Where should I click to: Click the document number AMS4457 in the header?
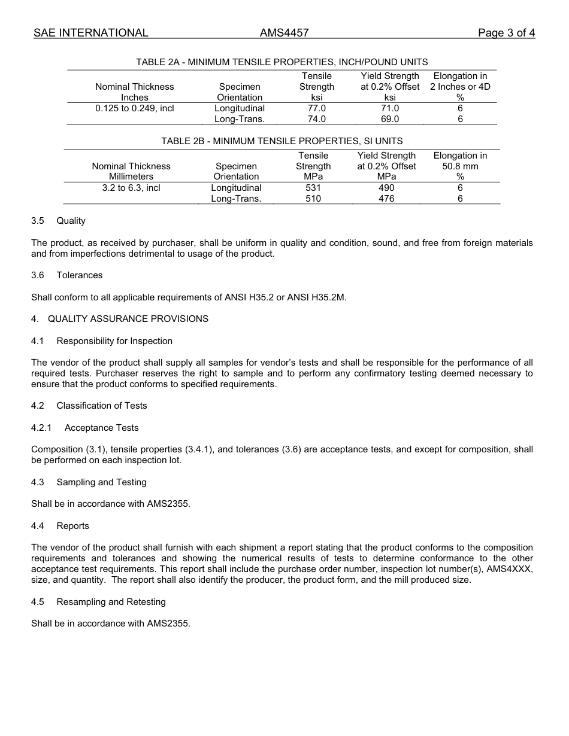click(284, 33)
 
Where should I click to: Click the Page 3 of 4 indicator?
click(506, 33)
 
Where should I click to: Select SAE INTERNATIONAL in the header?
click(91, 33)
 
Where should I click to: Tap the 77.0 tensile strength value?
click(316, 108)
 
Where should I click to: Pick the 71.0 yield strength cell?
click(390, 108)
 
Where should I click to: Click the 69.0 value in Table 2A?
click(390, 119)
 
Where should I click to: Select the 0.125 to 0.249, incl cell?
click(135, 108)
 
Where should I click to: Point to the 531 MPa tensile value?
click(313, 188)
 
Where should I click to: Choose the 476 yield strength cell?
click(386, 199)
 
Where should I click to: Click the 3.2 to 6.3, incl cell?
click(131, 188)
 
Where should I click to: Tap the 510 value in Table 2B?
click(313, 199)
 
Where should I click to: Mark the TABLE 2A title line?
click(282, 62)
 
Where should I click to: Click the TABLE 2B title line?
click(282, 141)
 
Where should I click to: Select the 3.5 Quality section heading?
click(59, 221)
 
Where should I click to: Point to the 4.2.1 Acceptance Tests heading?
click(85, 428)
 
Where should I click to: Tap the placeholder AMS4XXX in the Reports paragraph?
click(511, 569)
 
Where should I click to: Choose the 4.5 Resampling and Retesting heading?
click(99, 602)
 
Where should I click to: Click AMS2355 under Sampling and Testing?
click(168, 504)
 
